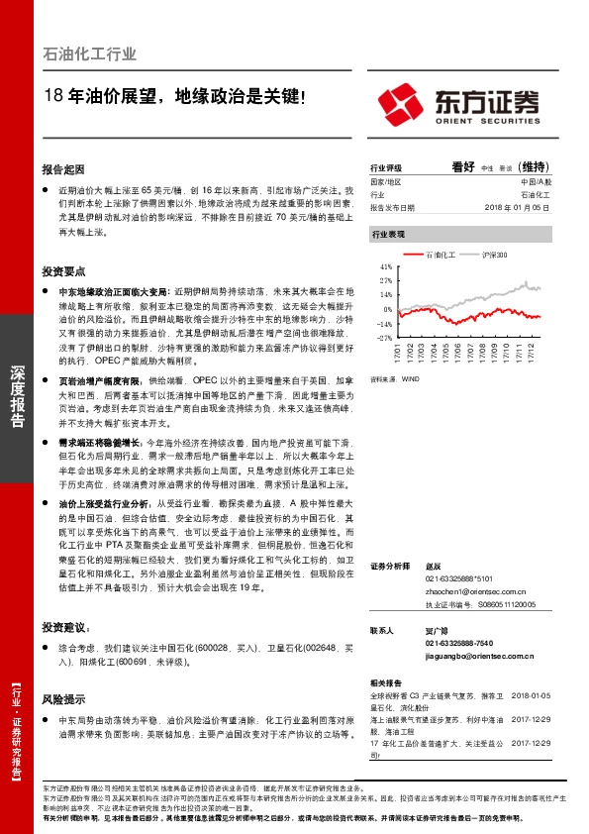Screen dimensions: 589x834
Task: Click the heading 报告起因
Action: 63,168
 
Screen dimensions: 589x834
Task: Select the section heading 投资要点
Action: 63,269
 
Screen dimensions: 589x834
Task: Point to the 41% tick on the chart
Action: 386,266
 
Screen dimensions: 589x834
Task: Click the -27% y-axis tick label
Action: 385,337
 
